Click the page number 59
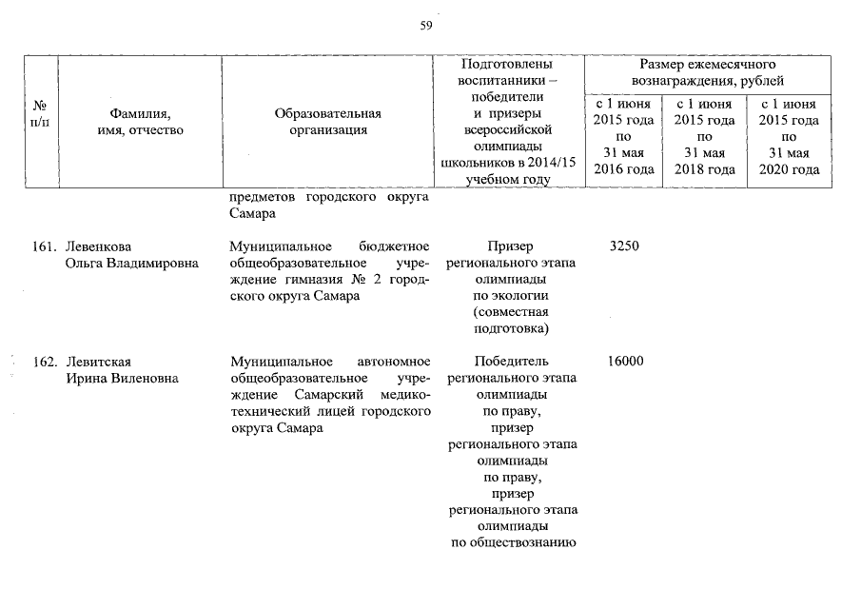[x=426, y=26]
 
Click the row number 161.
[x=45, y=246]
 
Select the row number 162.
[x=45, y=362]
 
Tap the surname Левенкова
[x=100, y=246]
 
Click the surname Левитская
[x=99, y=362]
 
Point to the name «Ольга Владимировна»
[x=131, y=264]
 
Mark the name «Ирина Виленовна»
[x=122, y=379]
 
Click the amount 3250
[x=623, y=246]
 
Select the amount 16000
[x=623, y=362]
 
